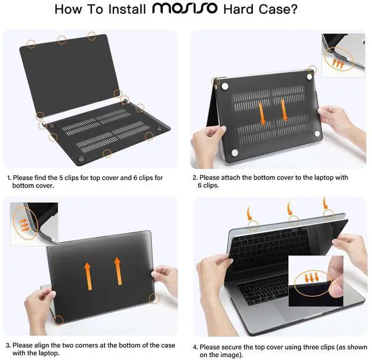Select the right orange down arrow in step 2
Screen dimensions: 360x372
[284, 110]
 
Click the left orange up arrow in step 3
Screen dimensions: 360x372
[87, 273]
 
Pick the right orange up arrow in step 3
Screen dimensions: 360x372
[118, 271]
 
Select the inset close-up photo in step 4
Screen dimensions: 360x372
[317, 280]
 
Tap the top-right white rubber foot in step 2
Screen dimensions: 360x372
[309, 76]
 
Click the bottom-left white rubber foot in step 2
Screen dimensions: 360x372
[234, 153]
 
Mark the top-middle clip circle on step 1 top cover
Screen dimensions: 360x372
[62, 39]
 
